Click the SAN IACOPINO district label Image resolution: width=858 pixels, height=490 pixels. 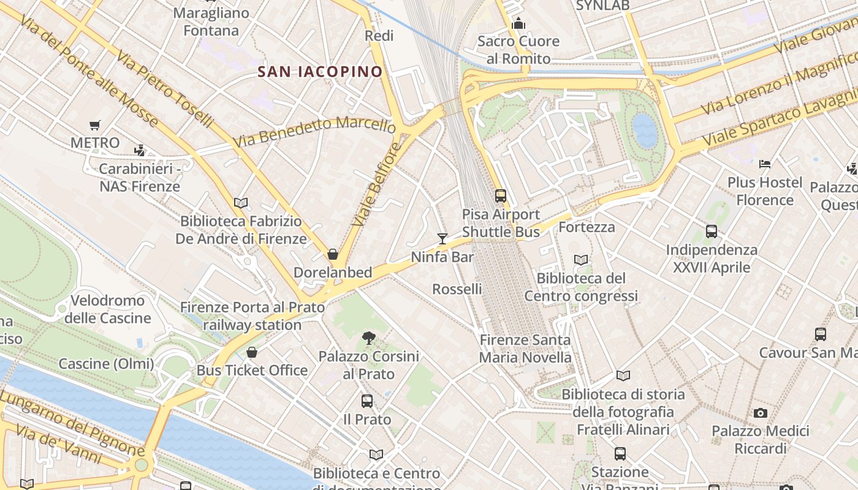(x=320, y=72)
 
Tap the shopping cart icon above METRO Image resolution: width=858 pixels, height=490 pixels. (x=94, y=126)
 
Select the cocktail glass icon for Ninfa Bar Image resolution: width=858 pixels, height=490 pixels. (x=442, y=238)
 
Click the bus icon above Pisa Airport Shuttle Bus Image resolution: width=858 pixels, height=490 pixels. (x=501, y=196)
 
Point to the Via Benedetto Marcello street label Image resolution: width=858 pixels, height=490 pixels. (x=314, y=132)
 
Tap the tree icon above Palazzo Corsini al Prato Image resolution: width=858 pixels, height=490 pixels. (x=368, y=337)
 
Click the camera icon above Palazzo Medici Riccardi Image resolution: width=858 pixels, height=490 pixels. (x=760, y=413)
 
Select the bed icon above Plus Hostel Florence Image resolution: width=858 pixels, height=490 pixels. (x=764, y=164)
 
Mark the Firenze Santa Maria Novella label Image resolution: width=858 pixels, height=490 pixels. (x=525, y=349)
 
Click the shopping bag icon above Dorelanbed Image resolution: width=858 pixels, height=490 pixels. (x=333, y=254)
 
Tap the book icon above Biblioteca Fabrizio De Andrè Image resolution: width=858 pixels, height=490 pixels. (x=241, y=203)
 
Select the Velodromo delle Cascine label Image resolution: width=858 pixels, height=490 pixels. (x=108, y=309)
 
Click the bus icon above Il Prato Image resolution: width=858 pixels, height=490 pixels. (x=366, y=401)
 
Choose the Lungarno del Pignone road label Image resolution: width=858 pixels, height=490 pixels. (x=74, y=423)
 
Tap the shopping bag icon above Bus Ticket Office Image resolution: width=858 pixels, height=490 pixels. (x=251, y=352)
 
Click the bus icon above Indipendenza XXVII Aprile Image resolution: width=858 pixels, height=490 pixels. (x=711, y=232)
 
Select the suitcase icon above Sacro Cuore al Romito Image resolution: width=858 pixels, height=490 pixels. (x=518, y=23)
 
